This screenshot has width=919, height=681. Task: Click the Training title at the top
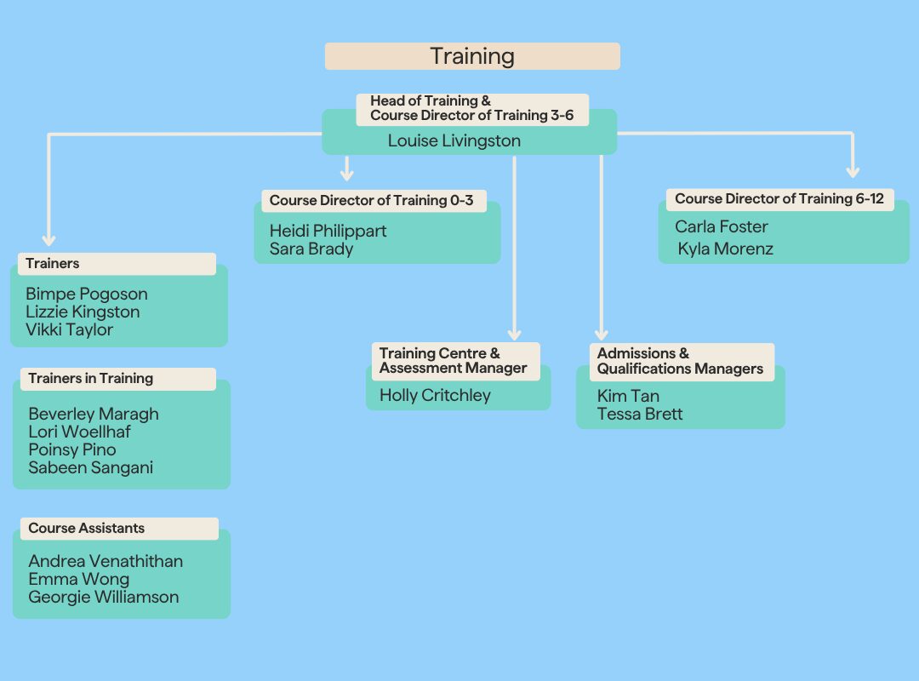(472, 56)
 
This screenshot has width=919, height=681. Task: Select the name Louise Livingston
(454, 140)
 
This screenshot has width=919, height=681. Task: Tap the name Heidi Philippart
(328, 231)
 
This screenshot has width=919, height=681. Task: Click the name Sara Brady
(311, 249)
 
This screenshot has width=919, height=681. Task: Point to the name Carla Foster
(721, 226)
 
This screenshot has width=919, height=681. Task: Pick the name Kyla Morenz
(726, 249)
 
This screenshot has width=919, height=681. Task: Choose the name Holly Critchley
(435, 395)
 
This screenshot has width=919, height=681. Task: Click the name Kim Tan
(628, 396)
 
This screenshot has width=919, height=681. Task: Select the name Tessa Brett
(640, 414)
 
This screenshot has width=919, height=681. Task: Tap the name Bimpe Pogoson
(87, 294)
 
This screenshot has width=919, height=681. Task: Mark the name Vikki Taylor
(69, 329)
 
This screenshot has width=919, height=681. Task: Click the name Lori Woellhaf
(79, 432)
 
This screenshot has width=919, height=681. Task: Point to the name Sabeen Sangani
(91, 467)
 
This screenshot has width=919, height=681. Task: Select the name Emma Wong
(78, 579)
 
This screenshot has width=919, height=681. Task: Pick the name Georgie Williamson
(104, 597)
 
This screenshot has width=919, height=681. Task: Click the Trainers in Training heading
(91, 378)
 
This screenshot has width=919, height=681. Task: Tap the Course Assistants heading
(86, 528)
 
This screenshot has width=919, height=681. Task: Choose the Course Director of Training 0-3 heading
(371, 201)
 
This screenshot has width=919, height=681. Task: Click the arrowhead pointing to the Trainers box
(49, 240)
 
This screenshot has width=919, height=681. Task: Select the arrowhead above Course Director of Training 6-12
(853, 172)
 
